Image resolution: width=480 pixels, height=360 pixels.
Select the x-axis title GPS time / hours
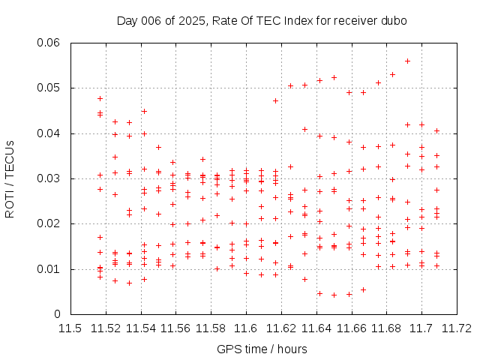point(262,349)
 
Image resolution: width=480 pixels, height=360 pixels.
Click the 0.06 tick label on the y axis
point(49,43)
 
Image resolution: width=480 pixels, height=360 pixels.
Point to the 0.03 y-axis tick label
point(49,178)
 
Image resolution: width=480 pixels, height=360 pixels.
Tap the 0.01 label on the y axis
point(49,269)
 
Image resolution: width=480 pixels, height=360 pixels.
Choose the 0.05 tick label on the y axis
point(49,88)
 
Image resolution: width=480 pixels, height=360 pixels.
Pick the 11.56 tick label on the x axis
point(175,328)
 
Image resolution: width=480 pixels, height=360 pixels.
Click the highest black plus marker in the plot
point(407,61)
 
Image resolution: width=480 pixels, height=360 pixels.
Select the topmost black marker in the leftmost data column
point(100,98)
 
